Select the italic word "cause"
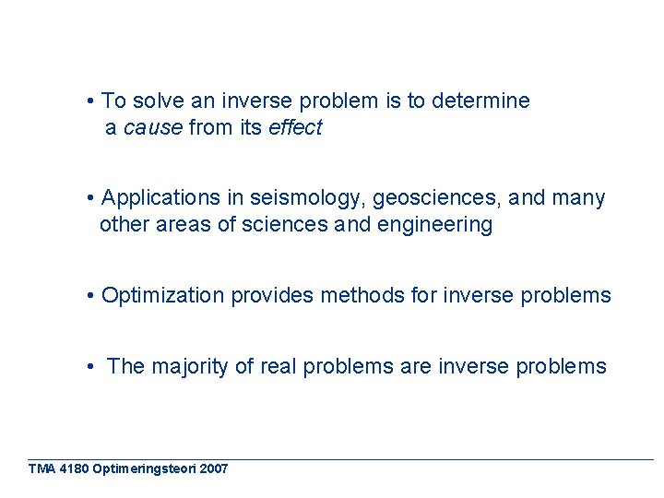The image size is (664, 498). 153,128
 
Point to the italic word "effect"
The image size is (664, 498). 295,128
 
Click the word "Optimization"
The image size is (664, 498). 163,296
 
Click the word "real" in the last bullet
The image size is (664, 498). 278,367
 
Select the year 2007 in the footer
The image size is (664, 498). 213,469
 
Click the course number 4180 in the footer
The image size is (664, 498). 73,469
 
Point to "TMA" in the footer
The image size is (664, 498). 41,469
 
